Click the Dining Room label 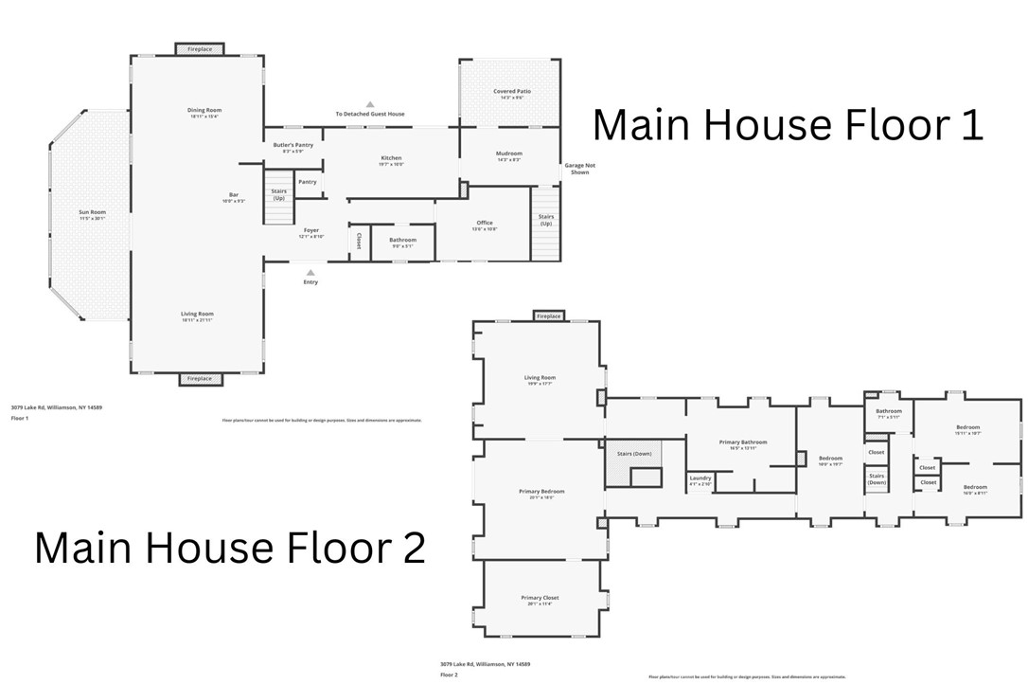[204, 111]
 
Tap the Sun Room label [92, 213]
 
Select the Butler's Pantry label [292, 145]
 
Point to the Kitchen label [391, 158]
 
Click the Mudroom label [509, 153]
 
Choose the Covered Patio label [511, 92]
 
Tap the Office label [485, 224]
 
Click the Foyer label [310, 230]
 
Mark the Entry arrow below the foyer [310, 272]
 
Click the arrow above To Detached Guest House [370, 104]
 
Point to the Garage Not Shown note [579, 169]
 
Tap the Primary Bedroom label [541, 492]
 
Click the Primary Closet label [540, 598]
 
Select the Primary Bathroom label [742, 442]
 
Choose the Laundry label [700, 478]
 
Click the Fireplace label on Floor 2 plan [548, 315]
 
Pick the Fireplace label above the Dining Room [200, 48]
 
